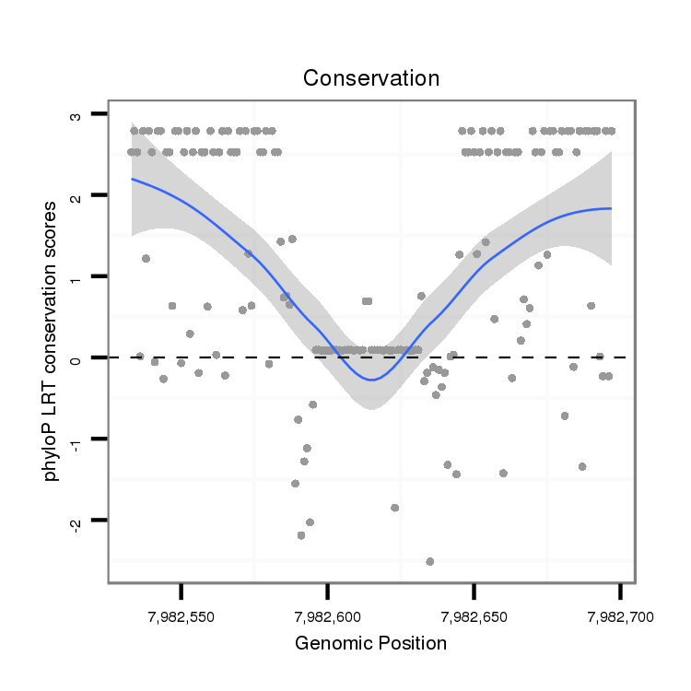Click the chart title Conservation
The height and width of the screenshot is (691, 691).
[371, 78]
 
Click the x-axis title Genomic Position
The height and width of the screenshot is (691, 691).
[370, 643]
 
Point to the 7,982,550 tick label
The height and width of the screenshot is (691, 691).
[182, 615]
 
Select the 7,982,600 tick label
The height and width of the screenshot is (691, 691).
[328, 615]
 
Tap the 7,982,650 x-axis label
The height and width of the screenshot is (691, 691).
[474, 615]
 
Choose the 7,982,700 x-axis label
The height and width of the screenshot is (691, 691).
[619, 615]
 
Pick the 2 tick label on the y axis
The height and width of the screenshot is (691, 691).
[76, 195]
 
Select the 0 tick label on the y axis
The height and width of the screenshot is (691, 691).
[76, 357]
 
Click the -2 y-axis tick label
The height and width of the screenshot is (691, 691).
[76, 521]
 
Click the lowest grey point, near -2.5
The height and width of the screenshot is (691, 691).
[430, 561]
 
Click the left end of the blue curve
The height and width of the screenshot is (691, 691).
[132, 179]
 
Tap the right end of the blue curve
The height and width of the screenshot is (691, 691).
[611, 208]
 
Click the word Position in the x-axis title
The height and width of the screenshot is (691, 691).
[413, 643]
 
